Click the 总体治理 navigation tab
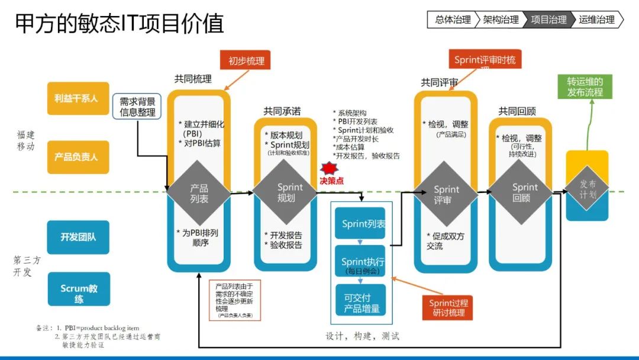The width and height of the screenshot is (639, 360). tap(452, 20)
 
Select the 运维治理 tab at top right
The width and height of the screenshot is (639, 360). tap(596, 20)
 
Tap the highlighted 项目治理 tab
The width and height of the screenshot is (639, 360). tap(548, 20)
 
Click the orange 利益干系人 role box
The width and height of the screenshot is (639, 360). tap(78, 99)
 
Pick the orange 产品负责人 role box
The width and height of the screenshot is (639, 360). tap(78, 157)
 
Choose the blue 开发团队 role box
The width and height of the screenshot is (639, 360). tap(78, 237)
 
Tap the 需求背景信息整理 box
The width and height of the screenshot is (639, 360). tap(137, 107)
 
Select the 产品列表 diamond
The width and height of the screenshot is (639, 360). tap(199, 193)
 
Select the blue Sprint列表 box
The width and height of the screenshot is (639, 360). tap(360, 224)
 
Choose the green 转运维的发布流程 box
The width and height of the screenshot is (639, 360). tap(585, 87)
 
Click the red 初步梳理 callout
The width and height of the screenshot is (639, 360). tap(246, 61)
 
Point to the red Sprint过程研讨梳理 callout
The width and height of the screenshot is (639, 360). tap(447, 307)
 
